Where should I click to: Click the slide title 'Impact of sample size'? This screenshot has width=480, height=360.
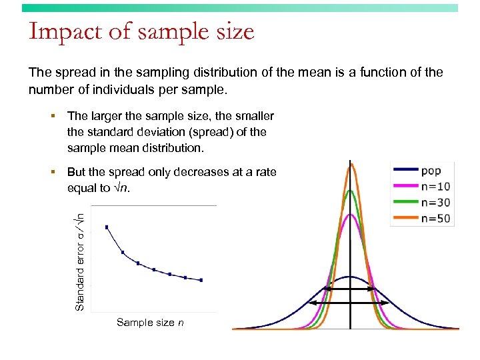(x=141, y=32)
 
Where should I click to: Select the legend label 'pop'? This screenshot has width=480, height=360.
(x=431, y=171)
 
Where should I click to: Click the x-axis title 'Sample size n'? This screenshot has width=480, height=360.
(x=150, y=323)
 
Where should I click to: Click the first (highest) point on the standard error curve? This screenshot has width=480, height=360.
(x=107, y=227)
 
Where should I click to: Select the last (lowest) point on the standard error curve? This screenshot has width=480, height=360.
(x=201, y=280)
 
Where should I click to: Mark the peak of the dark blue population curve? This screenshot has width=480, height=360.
(x=351, y=276)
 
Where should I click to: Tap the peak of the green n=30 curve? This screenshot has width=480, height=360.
(x=351, y=191)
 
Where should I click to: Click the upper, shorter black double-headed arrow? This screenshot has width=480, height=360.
(x=351, y=289)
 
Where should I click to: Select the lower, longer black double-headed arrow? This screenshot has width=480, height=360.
(x=351, y=303)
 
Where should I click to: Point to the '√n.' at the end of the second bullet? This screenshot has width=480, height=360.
(x=121, y=188)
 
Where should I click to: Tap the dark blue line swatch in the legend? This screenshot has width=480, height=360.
(x=405, y=171)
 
